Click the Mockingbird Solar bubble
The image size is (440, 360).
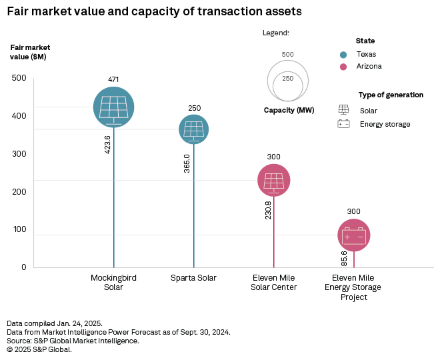tap(113, 107)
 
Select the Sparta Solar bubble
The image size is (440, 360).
tap(194, 129)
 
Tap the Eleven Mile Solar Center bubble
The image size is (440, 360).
tap(273, 180)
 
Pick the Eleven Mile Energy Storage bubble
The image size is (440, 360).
tap(353, 235)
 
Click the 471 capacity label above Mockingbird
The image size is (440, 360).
tap(113, 80)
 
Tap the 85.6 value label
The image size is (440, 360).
tap(344, 258)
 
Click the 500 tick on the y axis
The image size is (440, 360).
tap(19, 79)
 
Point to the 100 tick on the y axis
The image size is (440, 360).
tap(19, 229)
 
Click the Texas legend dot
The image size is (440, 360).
tap(343, 55)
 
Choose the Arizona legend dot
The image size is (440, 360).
tap(343, 67)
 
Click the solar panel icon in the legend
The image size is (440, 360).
tap(344, 110)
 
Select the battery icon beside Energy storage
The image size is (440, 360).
tap(344, 124)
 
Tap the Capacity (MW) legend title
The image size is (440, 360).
tap(289, 110)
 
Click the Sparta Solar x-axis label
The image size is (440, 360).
tap(194, 278)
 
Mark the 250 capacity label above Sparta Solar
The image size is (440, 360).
tap(194, 108)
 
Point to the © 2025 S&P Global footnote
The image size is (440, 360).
tap(39, 349)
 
